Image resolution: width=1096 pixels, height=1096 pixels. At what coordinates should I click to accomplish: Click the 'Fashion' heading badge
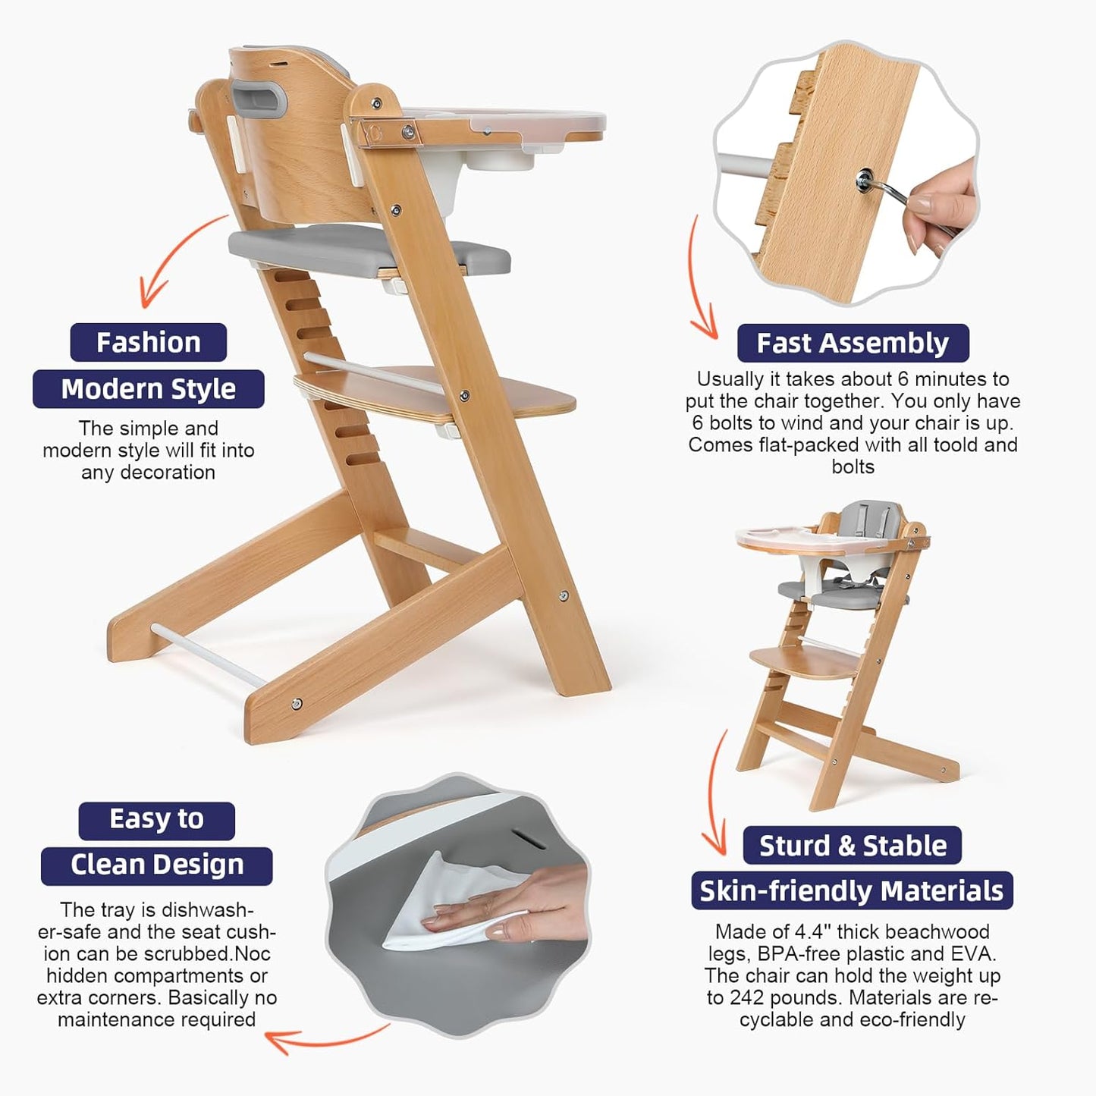(x=149, y=343)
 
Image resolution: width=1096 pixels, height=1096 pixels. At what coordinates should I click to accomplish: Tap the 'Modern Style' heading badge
(x=149, y=389)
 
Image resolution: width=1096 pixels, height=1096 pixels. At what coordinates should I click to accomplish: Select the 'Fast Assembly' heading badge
(x=853, y=344)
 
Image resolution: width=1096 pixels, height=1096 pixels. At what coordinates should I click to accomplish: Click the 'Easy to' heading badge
(x=156, y=820)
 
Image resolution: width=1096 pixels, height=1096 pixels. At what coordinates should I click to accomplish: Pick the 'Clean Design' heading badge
(x=157, y=865)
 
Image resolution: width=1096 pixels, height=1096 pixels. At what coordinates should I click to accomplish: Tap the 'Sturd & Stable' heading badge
(x=853, y=846)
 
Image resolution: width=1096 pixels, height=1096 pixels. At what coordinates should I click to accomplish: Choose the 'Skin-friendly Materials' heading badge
(x=852, y=891)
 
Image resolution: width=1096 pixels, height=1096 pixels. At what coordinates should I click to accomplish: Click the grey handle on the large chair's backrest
(x=259, y=99)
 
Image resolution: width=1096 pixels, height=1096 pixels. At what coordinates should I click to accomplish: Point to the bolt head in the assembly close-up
(x=865, y=181)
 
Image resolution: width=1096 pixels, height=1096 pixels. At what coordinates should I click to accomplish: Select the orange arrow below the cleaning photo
(x=326, y=1039)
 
